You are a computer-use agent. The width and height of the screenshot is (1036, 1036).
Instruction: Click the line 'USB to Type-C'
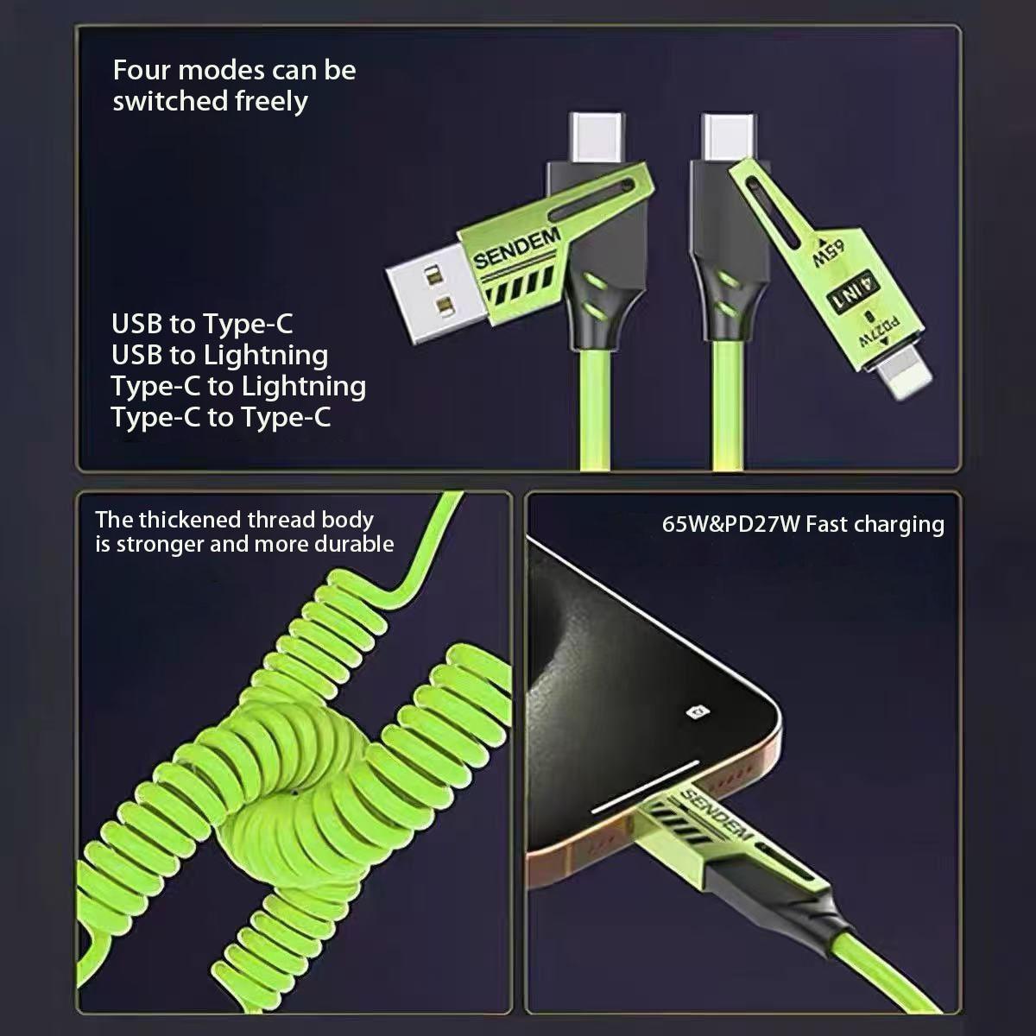pos(202,324)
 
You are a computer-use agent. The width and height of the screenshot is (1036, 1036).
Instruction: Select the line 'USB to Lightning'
pos(219,355)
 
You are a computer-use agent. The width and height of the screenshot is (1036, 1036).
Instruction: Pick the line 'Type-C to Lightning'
pos(238,386)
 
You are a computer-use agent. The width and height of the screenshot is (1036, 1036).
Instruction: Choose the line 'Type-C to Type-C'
pos(220,417)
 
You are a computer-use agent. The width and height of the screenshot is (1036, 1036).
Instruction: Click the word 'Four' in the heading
pos(141,70)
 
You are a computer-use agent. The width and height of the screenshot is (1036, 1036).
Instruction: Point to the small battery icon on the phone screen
pos(697,711)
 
